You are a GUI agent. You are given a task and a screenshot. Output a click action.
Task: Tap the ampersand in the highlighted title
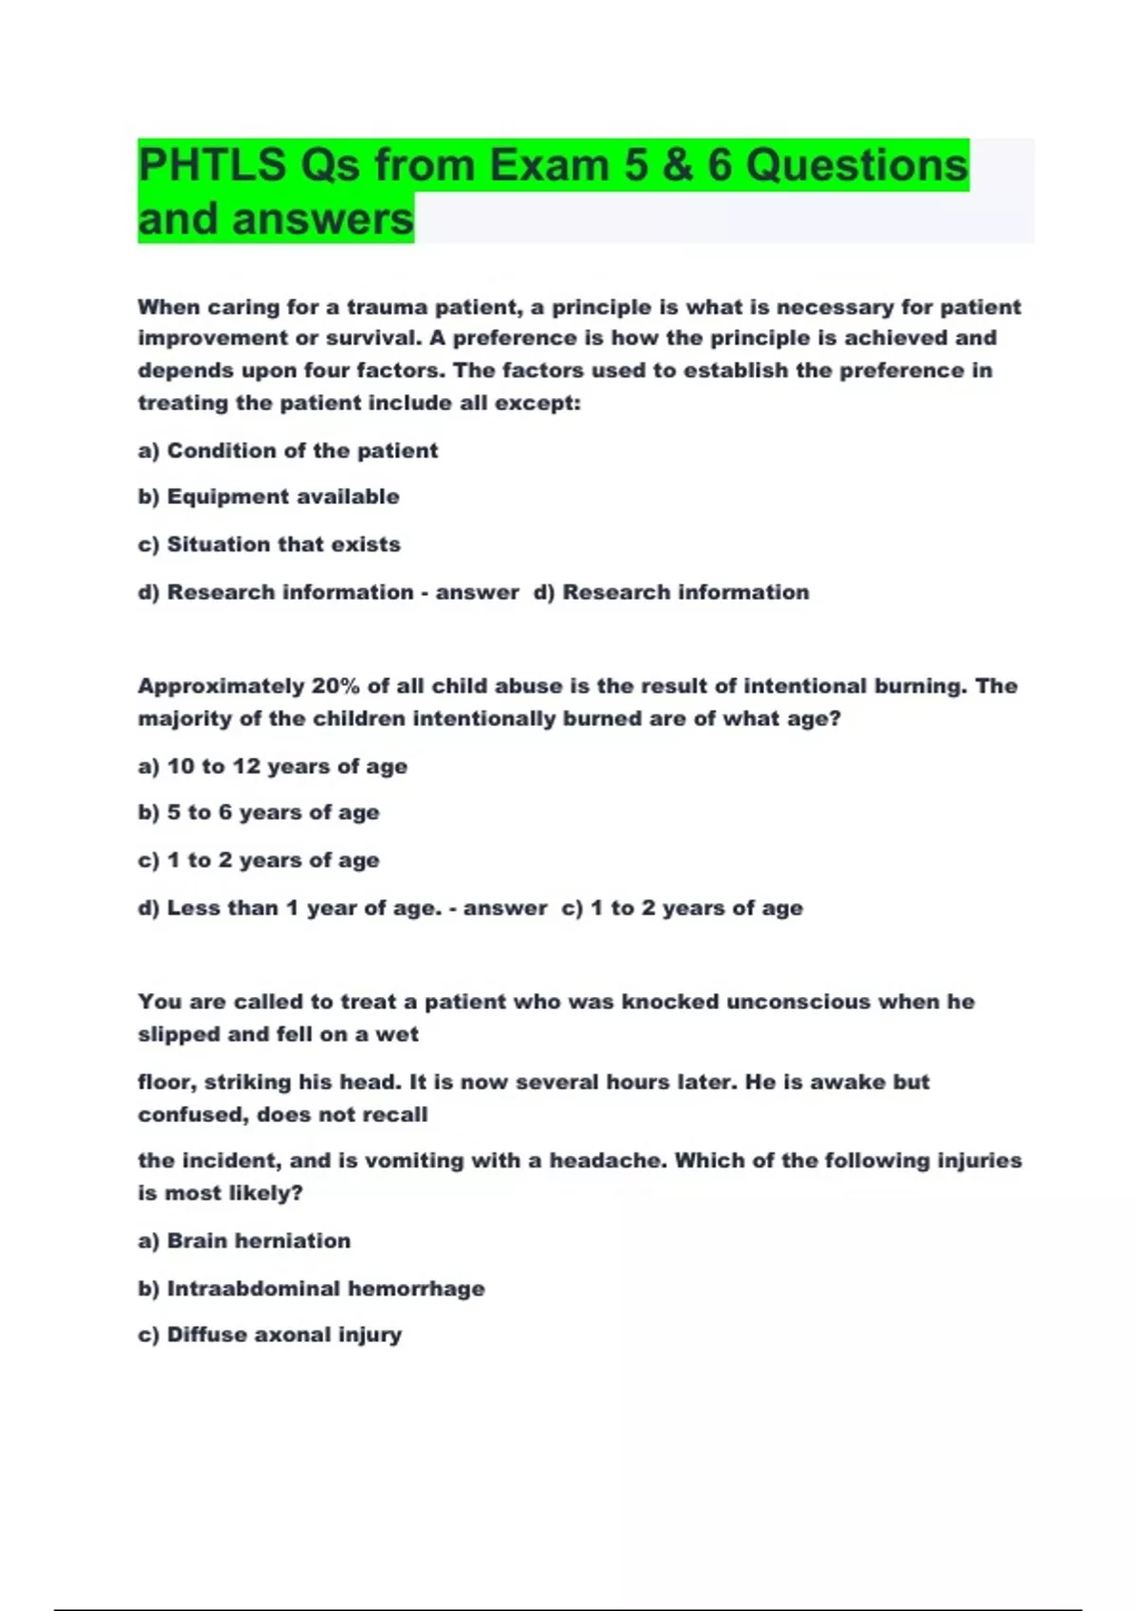pos(677,165)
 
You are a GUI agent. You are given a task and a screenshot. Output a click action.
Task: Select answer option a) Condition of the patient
pos(288,450)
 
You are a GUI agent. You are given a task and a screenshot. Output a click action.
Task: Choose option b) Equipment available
pos(269,497)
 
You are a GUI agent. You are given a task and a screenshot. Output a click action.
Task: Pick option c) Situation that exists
pos(269,544)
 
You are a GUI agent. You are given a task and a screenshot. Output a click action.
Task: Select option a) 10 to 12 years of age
pos(273,766)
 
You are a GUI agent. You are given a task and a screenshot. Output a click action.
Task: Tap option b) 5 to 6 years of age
pos(259,812)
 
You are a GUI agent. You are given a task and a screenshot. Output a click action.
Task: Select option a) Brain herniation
pos(244,1240)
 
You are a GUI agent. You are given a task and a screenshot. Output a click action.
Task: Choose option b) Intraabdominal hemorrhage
pos(312,1288)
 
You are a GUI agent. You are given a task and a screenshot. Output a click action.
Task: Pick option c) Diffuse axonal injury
pos(270,1334)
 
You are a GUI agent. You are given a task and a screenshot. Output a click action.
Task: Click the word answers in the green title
pos(323,219)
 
